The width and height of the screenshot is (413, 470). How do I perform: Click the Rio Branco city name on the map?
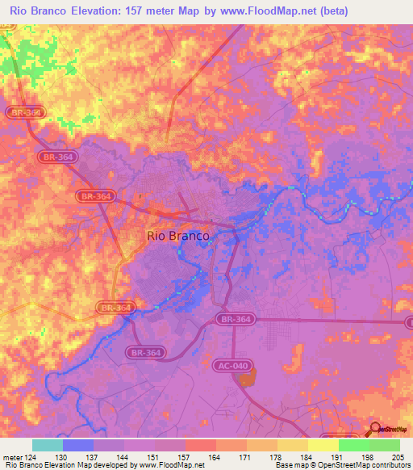point(178,236)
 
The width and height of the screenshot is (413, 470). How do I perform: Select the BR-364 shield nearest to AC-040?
point(235,320)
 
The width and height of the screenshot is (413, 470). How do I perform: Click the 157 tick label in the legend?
point(185,458)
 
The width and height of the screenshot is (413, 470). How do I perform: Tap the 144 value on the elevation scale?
point(123,458)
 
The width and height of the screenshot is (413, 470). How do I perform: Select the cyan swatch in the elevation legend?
point(47,445)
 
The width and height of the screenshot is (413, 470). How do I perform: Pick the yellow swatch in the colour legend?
point(323,445)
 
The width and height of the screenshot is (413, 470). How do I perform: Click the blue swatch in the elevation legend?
point(77,445)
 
